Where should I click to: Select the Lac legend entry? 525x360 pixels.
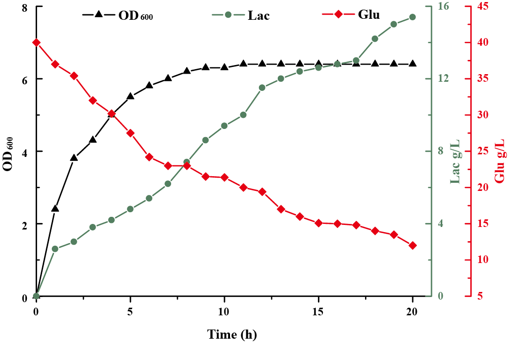pyautogui.click(x=241, y=15)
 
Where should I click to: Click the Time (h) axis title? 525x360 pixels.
pyautogui.click(x=232, y=335)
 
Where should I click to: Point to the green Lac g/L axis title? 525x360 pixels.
pyautogui.click(x=455, y=161)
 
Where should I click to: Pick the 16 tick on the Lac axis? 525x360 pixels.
pyautogui.click(x=443, y=7)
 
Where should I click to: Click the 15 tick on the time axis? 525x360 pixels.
pyautogui.click(x=318, y=311)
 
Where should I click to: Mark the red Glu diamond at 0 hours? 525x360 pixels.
pyautogui.click(x=36, y=42)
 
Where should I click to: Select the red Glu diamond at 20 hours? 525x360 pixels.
pyautogui.click(x=413, y=245)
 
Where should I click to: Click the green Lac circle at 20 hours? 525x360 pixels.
pyautogui.click(x=413, y=17)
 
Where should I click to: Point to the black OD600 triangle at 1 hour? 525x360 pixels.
pyautogui.click(x=55, y=208)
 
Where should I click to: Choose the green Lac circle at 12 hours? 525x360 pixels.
pyautogui.click(x=262, y=87)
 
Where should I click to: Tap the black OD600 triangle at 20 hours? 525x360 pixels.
pyautogui.click(x=413, y=63)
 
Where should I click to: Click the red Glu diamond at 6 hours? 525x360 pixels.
pyautogui.click(x=149, y=157)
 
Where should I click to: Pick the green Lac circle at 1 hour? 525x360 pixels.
pyautogui.click(x=55, y=249)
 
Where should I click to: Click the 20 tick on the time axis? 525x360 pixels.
pyautogui.click(x=412, y=311)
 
